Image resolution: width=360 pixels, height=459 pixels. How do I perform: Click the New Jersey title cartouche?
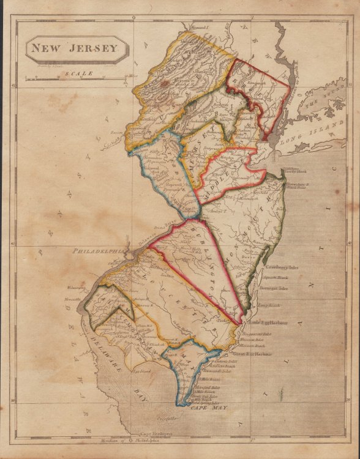[76, 48]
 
